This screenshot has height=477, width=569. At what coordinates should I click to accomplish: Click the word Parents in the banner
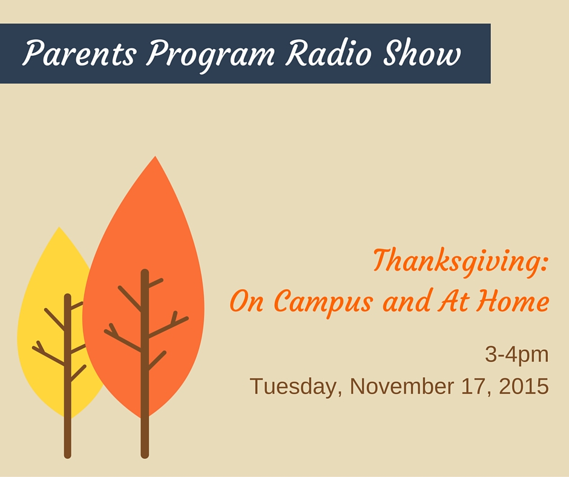[x=79, y=53]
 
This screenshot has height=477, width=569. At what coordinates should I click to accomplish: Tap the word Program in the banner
[x=211, y=55]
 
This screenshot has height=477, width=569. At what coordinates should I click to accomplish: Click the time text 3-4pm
[x=517, y=355]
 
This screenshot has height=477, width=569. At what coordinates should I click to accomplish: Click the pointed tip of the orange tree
[x=156, y=156]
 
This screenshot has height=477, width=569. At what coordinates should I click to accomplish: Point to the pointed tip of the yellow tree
[x=59, y=227]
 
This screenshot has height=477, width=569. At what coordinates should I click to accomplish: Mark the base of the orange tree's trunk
[x=145, y=456]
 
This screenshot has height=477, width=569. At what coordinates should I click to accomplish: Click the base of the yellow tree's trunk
[x=68, y=456]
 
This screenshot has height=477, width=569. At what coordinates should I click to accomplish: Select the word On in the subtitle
[x=246, y=301]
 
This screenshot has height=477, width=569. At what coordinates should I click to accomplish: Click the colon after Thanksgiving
[x=544, y=265]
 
